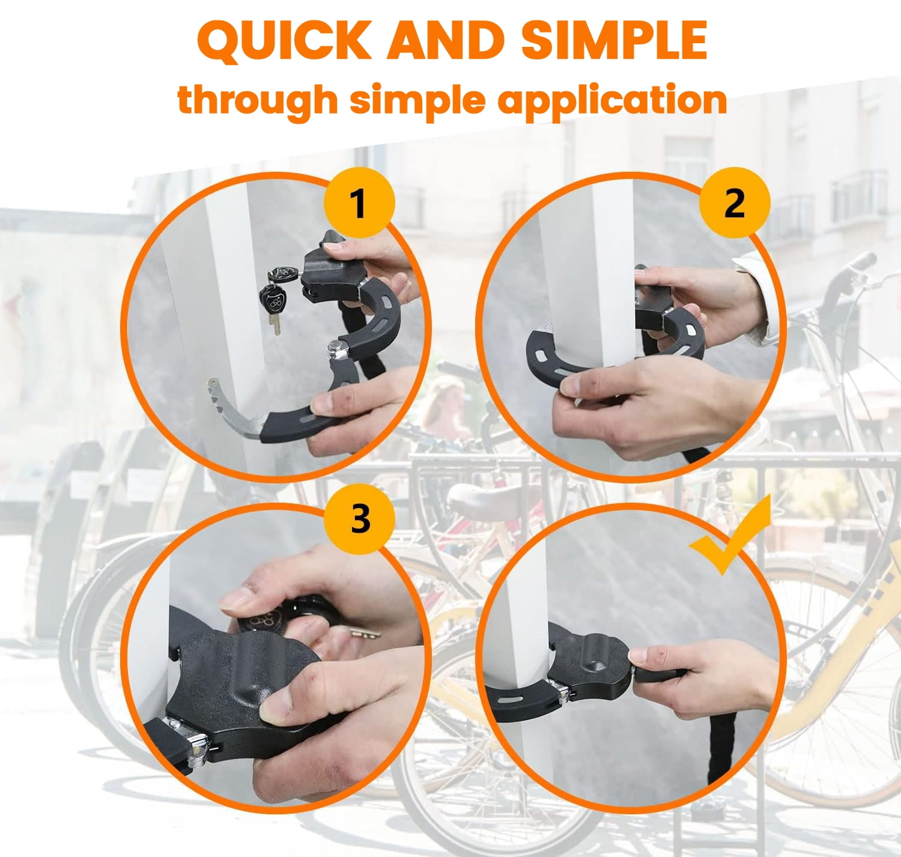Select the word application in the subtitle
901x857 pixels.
pos(612,101)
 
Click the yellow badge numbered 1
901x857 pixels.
pos(359,203)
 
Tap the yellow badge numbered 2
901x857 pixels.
pos(735,203)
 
